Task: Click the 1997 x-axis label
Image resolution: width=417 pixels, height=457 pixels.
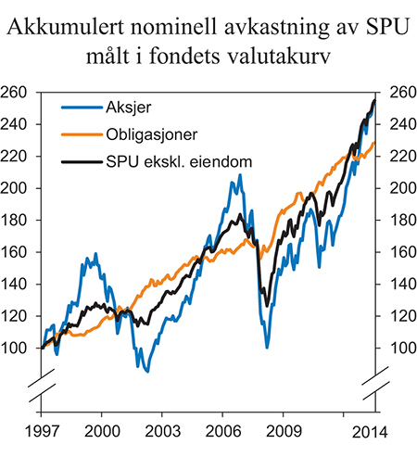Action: (42, 432)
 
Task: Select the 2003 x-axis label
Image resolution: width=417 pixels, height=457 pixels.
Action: (162, 432)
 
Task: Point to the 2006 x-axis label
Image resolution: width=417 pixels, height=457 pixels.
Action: (222, 432)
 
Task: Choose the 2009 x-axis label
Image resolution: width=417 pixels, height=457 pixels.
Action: (283, 432)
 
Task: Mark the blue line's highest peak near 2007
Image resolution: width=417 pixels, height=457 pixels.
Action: (239, 175)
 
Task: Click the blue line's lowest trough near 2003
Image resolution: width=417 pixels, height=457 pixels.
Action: (147, 370)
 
